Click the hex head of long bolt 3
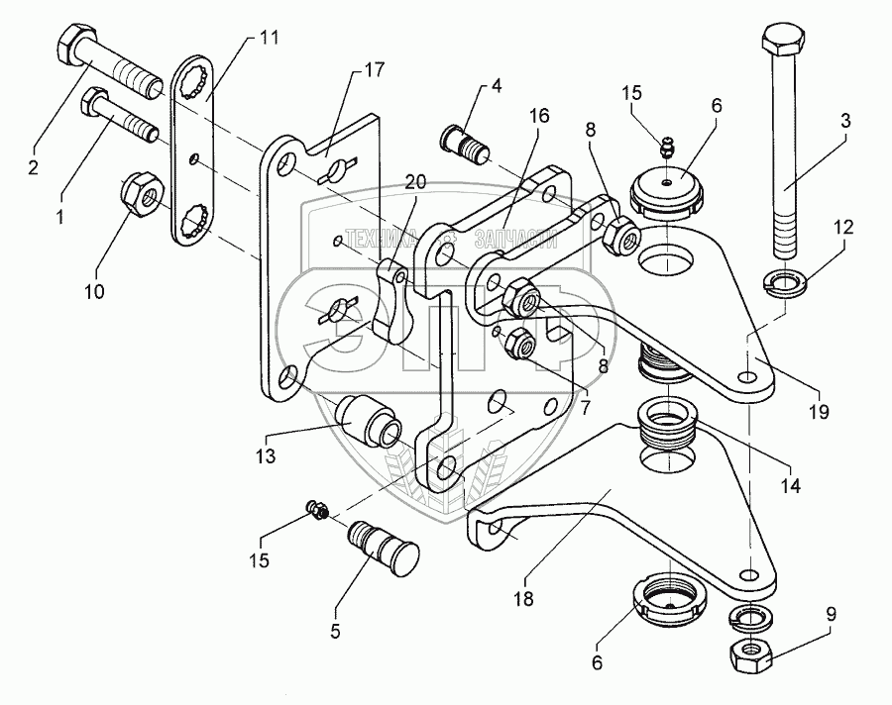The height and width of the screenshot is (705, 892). tap(783, 43)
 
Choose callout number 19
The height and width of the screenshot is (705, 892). tap(819, 409)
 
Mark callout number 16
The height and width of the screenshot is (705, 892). tap(537, 116)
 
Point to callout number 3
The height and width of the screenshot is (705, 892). tap(845, 122)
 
